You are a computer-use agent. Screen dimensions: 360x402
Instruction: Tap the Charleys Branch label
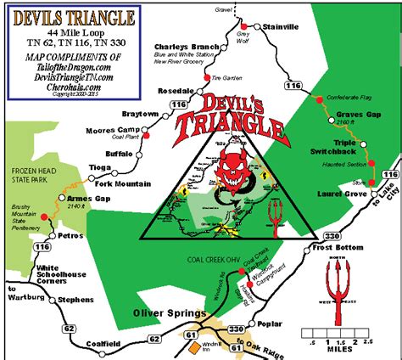[181, 47]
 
